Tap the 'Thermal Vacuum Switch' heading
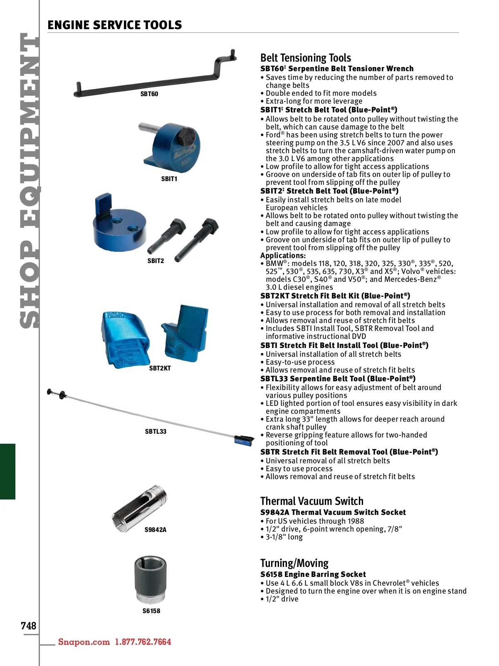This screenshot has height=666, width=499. (x=311, y=501)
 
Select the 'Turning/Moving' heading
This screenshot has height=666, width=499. (x=294, y=563)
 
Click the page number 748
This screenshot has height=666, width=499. (x=29, y=626)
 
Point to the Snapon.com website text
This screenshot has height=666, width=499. (x=84, y=642)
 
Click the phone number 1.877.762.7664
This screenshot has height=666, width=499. (x=143, y=642)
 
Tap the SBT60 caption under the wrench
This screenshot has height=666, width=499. (x=149, y=94)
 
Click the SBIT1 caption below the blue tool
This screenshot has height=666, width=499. (x=169, y=179)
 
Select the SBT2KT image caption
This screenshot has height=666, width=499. (x=160, y=368)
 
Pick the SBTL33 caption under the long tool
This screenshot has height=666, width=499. (x=156, y=432)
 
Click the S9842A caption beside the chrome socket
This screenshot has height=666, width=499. (x=156, y=530)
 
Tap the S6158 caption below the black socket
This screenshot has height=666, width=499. (x=151, y=611)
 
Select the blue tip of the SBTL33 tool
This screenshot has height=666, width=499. (x=243, y=440)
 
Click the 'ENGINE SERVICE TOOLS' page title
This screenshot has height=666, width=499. (x=115, y=25)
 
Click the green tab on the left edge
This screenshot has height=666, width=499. (x=7, y=471)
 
